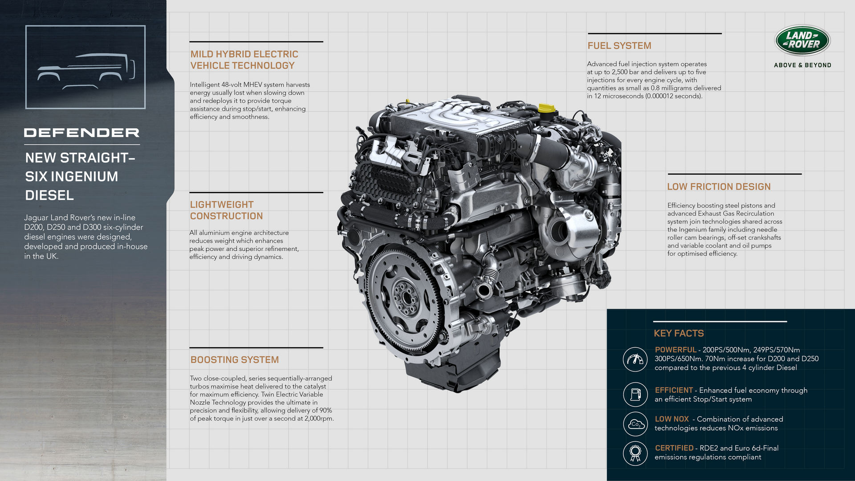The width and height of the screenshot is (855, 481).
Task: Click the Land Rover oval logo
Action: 802,40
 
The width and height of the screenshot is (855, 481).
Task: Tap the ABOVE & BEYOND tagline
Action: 802,65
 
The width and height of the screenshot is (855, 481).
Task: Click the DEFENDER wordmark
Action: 81,133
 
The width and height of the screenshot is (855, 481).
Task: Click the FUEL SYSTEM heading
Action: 619,46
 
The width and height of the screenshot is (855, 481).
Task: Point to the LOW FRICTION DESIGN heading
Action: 718,187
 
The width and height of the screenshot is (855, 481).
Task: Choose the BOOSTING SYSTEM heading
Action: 234,360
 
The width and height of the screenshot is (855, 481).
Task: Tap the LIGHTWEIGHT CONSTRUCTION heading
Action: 226,210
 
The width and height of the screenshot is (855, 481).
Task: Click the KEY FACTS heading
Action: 678,334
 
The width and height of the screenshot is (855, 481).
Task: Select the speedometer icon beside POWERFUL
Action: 635,359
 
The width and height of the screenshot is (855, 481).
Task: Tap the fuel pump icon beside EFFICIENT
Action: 635,394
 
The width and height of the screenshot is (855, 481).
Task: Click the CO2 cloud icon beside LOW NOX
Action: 635,424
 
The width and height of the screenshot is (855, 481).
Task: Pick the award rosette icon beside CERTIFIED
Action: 635,453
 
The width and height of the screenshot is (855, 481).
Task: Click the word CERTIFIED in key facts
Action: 674,448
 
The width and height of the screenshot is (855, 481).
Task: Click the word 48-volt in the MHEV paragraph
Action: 232,85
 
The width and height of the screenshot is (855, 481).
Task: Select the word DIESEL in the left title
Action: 49,196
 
